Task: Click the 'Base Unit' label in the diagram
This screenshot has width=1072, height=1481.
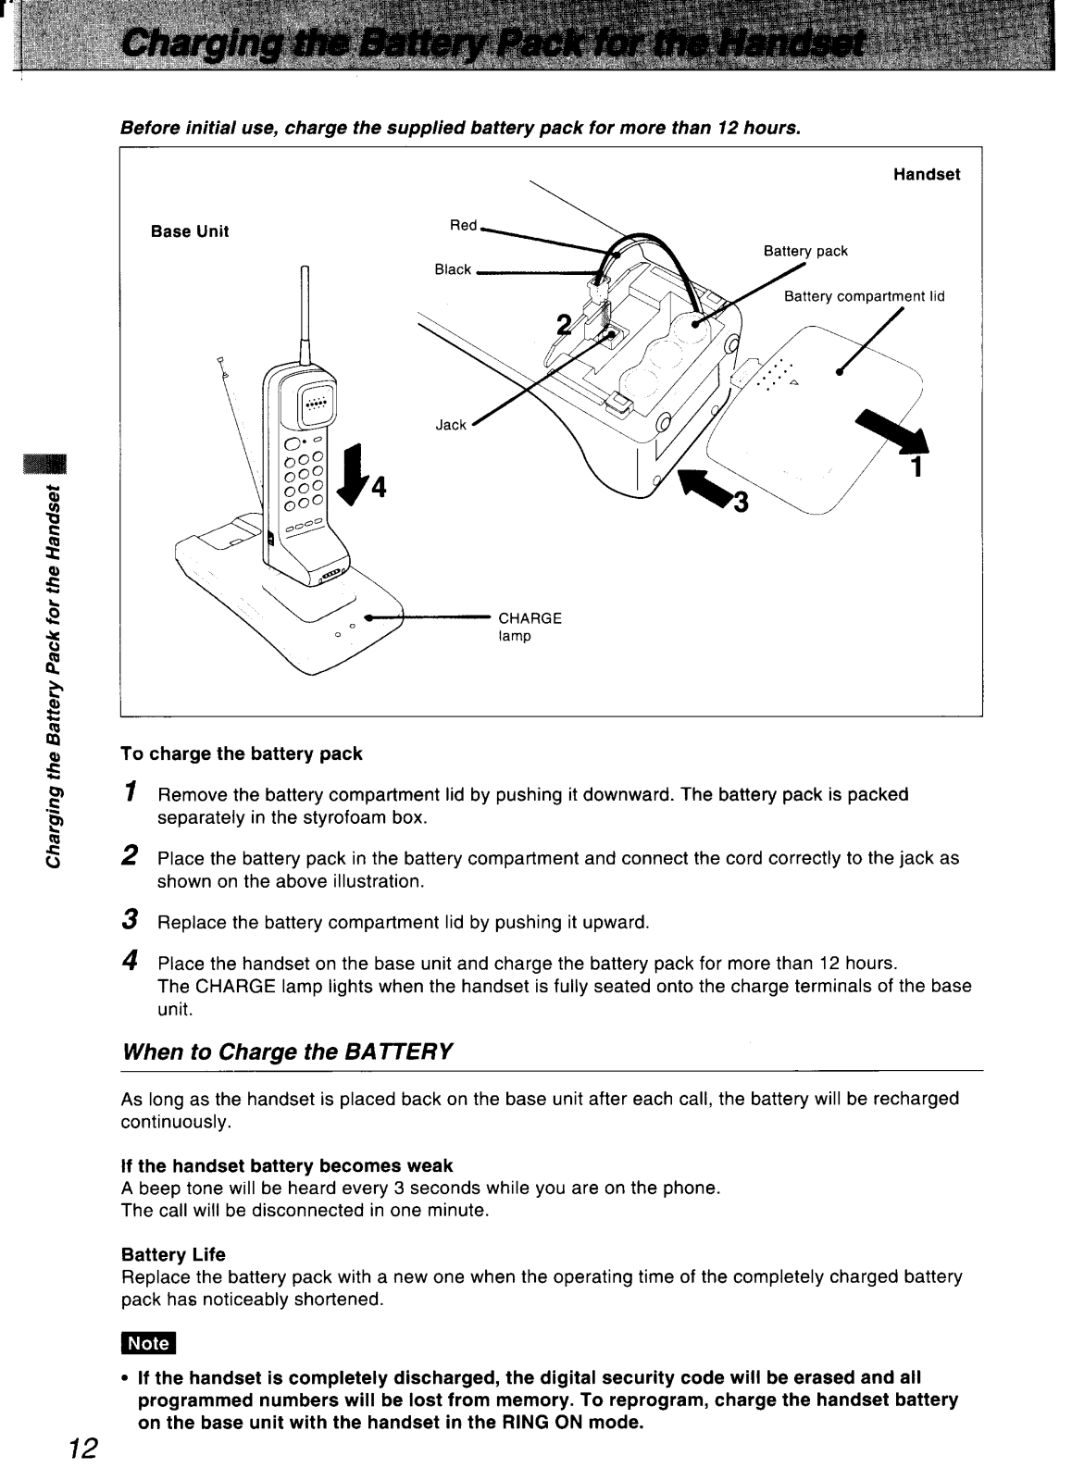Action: click(190, 231)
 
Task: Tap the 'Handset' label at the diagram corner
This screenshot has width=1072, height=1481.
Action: click(927, 174)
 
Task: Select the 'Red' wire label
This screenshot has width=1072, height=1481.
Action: click(463, 225)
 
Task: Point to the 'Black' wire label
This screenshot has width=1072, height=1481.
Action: click(453, 269)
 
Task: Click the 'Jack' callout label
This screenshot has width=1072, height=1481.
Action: click(451, 425)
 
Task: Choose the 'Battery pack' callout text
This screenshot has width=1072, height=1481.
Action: click(805, 251)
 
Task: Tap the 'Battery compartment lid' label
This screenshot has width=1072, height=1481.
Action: click(864, 297)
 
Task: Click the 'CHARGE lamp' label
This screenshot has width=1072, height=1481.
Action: click(530, 627)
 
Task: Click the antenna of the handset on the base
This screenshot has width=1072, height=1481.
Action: click(304, 310)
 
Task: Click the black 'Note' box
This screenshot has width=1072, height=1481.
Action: click(148, 1343)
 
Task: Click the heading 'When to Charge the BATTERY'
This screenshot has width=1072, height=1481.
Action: click(288, 1052)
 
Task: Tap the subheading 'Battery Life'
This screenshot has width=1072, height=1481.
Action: click(174, 1254)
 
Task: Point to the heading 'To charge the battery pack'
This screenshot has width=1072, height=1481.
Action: click(242, 753)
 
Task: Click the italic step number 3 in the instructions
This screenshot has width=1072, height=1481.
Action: click(131, 920)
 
